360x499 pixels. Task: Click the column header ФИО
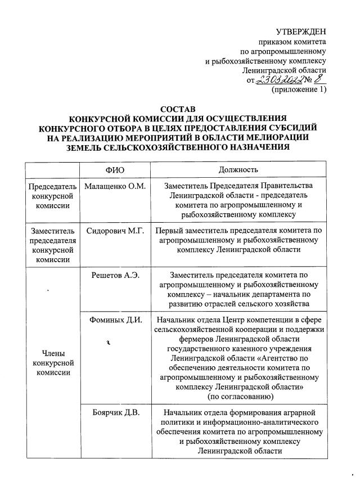(x=115, y=169)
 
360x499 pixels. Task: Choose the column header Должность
(x=239, y=169)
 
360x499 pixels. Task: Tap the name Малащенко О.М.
(x=114, y=186)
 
